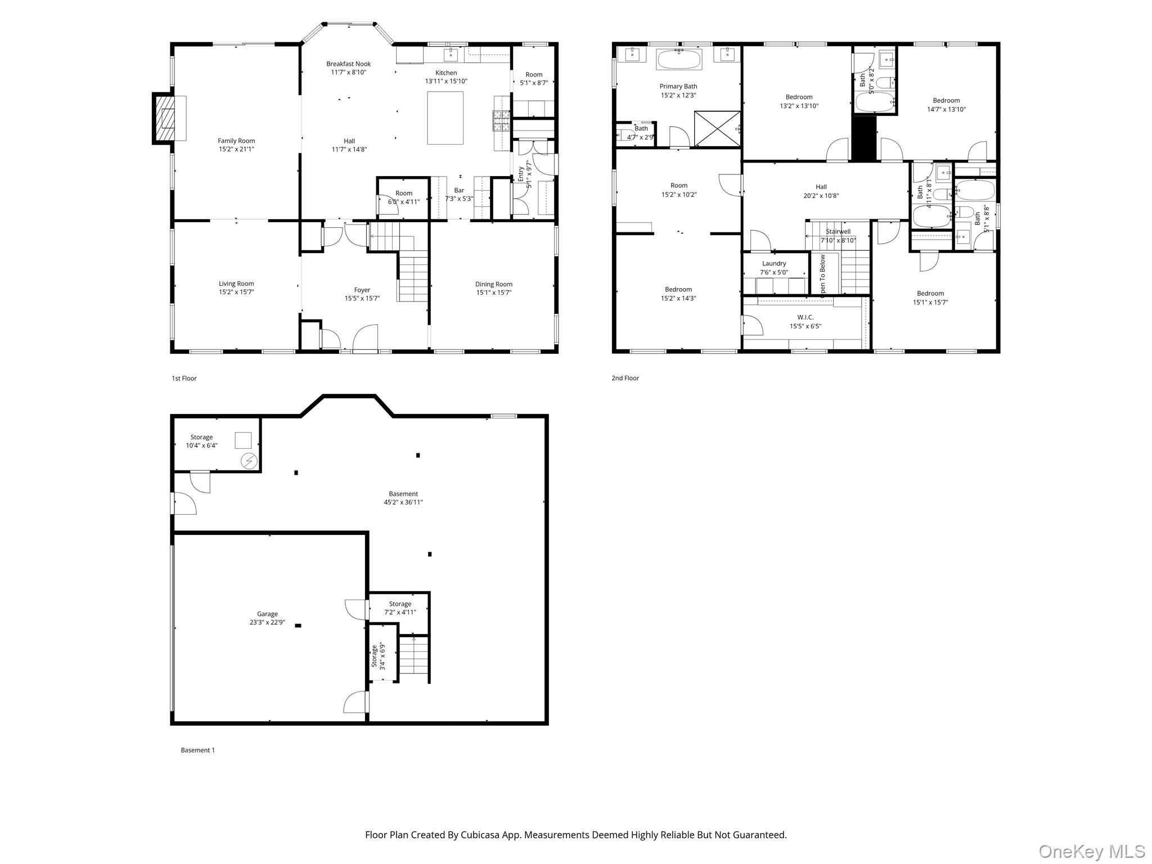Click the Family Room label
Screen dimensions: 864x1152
[x=236, y=141]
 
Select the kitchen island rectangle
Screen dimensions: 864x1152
[x=445, y=118]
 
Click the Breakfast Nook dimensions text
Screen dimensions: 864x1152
[x=349, y=72]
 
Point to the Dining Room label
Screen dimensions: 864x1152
[x=493, y=284]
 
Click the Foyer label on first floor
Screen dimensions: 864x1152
[x=362, y=290]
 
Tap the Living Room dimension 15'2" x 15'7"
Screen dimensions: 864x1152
[x=236, y=292]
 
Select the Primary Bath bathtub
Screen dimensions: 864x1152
[x=679, y=59]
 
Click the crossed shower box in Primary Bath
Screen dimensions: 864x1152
[x=717, y=129]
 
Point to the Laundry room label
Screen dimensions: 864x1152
[x=774, y=263]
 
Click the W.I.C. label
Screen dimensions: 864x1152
[x=805, y=317]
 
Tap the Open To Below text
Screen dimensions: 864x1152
[x=822, y=274]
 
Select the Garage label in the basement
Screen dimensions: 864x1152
[x=267, y=614]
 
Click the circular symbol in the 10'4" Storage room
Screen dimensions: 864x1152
[x=249, y=461]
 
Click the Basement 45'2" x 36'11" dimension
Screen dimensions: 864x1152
[x=399, y=502]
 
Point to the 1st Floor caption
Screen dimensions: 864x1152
[x=184, y=378]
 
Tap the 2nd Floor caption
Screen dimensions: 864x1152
[x=625, y=378]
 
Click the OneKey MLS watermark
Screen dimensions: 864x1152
[x=1091, y=851]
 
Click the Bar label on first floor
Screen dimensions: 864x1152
[x=459, y=190]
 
